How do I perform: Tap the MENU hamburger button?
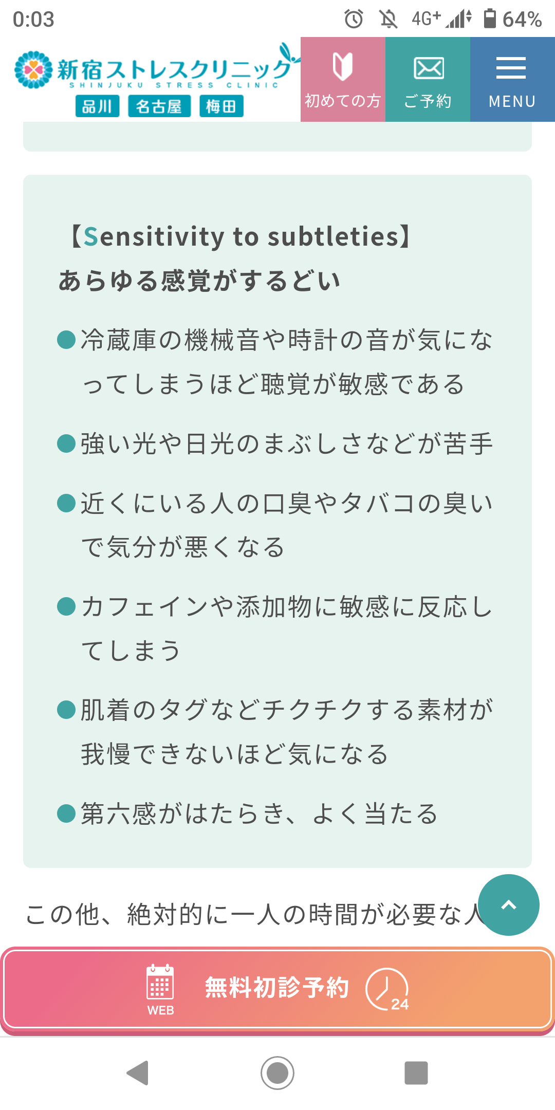(x=512, y=79)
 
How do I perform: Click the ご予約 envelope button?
(x=428, y=79)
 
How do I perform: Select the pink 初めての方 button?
(x=343, y=79)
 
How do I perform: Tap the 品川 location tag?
(x=97, y=106)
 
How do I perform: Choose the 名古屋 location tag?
(x=159, y=106)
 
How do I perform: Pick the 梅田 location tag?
(x=221, y=106)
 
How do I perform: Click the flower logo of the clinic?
(x=33, y=69)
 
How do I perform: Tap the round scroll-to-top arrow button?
(x=508, y=905)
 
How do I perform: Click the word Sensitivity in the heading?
(x=154, y=236)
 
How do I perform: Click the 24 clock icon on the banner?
(x=387, y=989)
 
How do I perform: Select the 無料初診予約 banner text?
(x=277, y=988)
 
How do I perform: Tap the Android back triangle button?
(x=138, y=1073)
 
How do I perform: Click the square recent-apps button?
(x=416, y=1073)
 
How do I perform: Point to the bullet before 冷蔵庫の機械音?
(x=66, y=340)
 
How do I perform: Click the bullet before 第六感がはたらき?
(x=66, y=813)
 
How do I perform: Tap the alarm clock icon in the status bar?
(x=354, y=19)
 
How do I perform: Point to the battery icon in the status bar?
(x=490, y=18)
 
